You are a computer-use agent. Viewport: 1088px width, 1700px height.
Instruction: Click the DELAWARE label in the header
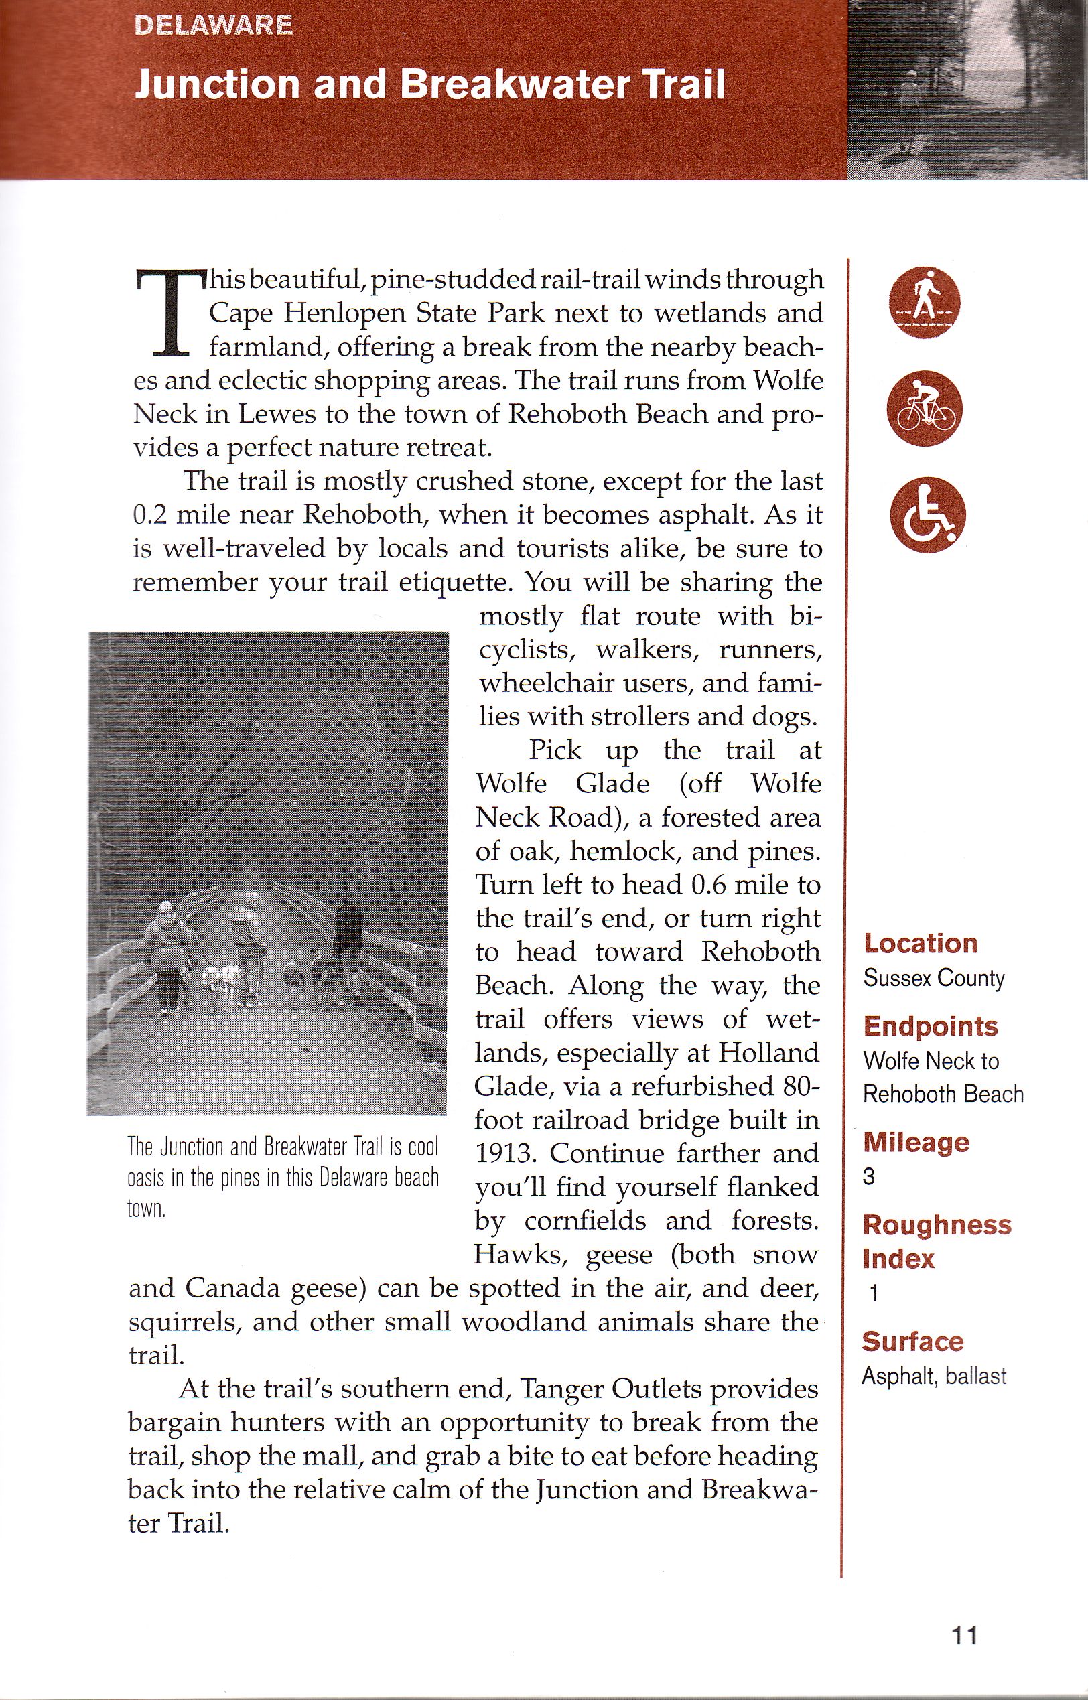tap(212, 25)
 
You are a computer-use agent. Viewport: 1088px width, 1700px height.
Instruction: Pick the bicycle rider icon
tap(924, 410)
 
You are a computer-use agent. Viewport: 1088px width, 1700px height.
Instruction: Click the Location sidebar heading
tap(920, 944)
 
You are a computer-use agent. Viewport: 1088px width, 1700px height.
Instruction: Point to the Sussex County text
tap(933, 978)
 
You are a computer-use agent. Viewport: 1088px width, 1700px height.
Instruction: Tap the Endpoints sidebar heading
tap(930, 1026)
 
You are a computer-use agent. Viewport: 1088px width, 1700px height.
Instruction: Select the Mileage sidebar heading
tap(916, 1142)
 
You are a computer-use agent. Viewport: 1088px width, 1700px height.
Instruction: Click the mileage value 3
tap(869, 1177)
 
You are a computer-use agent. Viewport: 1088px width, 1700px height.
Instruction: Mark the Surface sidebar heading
tap(912, 1341)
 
